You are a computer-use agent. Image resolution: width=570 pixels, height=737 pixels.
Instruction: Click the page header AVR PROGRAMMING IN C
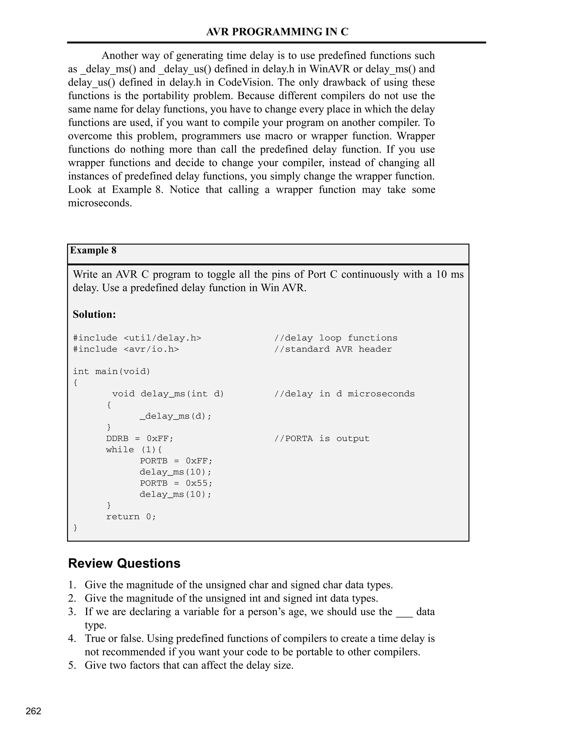(x=277, y=32)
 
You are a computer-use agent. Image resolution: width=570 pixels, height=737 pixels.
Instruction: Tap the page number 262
(x=33, y=711)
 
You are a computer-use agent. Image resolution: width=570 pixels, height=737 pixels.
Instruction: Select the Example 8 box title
(x=93, y=250)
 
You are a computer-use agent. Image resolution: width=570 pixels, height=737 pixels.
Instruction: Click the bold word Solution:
(x=94, y=314)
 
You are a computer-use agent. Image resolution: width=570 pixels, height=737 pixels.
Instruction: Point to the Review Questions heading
(x=124, y=563)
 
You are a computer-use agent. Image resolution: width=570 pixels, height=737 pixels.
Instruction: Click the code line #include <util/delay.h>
(x=137, y=338)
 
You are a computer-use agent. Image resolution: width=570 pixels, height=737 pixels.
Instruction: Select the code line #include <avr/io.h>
(x=126, y=349)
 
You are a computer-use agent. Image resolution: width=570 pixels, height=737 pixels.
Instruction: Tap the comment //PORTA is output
(x=322, y=439)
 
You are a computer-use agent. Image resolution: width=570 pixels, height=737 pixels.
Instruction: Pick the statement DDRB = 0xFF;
(x=139, y=439)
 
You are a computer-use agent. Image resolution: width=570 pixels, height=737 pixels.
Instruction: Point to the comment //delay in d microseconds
(x=344, y=394)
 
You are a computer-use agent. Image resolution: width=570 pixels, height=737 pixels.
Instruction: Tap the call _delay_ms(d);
(x=175, y=416)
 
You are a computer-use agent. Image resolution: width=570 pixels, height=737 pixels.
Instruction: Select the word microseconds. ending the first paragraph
(x=100, y=203)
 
